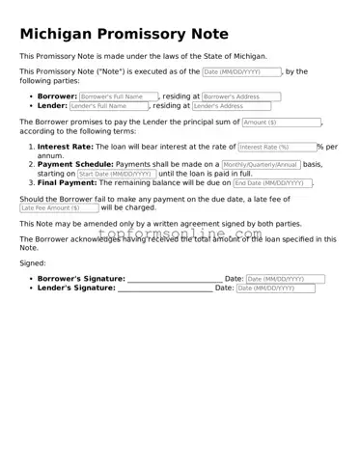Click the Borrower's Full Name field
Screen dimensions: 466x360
point(119,96)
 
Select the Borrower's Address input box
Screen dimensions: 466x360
point(240,96)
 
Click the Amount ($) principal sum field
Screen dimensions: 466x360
point(280,123)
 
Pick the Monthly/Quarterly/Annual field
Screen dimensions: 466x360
point(261,164)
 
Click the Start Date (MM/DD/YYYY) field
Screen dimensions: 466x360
point(116,174)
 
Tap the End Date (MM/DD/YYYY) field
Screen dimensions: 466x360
point(272,182)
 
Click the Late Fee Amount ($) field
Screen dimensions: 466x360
point(59,207)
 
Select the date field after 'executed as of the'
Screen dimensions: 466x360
point(241,71)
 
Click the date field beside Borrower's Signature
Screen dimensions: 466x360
point(285,279)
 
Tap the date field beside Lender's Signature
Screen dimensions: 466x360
point(275,288)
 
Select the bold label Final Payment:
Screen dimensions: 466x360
point(67,182)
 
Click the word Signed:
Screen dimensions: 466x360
point(33,262)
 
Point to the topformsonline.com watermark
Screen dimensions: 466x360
point(180,233)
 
